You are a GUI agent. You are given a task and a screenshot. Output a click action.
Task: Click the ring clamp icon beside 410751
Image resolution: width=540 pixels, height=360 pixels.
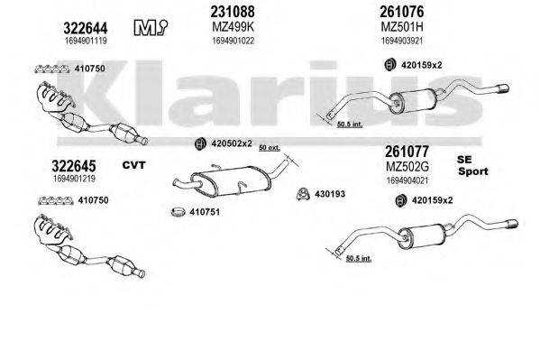click(x=178, y=213)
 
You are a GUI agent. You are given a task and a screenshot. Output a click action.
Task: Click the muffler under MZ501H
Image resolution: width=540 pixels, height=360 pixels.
click(x=417, y=100)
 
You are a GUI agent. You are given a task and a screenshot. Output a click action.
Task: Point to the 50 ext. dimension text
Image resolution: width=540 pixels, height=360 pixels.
click(x=269, y=146)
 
